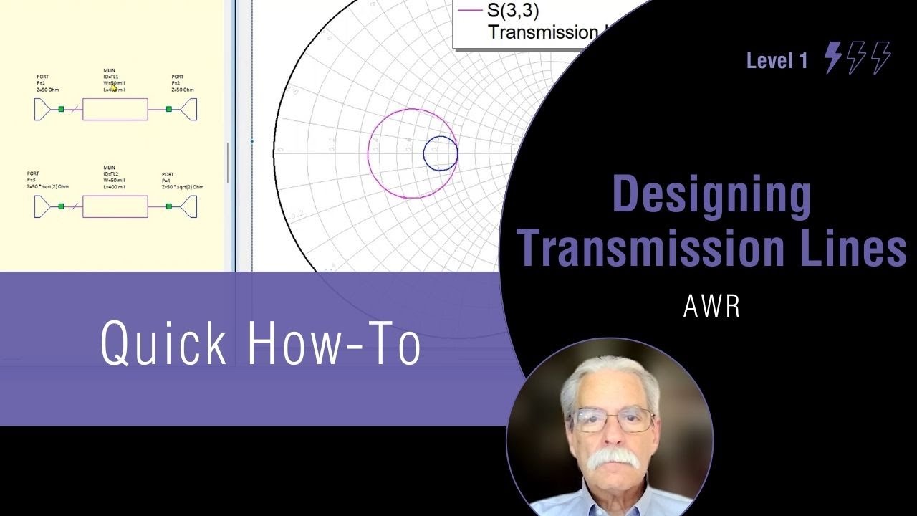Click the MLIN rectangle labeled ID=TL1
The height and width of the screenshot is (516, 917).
[x=115, y=109]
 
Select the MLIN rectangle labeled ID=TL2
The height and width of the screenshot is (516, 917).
[x=115, y=206]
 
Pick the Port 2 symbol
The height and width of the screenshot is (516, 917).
[x=188, y=109]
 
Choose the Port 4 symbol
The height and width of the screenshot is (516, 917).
[x=188, y=206]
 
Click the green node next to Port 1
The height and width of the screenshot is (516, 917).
[x=62, y=109]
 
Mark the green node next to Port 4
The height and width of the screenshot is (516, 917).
[x=169, y=206]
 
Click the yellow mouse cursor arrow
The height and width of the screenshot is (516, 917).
[x=113, y=87]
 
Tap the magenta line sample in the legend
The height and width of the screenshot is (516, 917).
[x=469, y=11]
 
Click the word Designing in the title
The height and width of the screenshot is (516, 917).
[x=711, y=195]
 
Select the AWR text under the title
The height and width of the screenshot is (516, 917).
[x=711, y=306]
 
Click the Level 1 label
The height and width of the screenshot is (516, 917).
[x=777, y=61]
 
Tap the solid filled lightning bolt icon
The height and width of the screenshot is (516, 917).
[x=832, y=57]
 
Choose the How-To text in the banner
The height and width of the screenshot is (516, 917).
[x=334, y=343]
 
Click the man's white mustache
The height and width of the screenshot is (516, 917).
[x=613, y=459]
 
